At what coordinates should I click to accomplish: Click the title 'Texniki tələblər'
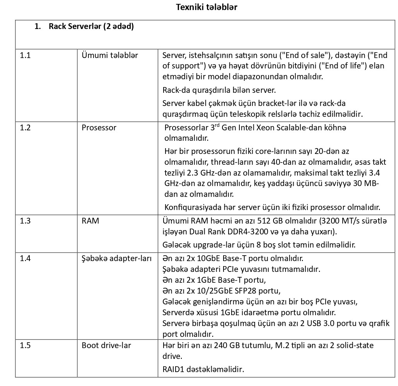pos(207,7)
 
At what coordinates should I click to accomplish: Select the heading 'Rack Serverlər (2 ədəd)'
pos(91,27)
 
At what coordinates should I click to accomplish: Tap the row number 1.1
pos(25,55)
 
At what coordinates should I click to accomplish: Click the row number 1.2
pos(25,128)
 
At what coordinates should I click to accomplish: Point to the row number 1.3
pos(25,221)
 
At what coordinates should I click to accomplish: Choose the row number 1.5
pos(25,345)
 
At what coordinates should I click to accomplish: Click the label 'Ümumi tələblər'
pos(110,55)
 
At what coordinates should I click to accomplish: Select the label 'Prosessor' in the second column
pos(99,128)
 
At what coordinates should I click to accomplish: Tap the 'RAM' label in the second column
pos(90,221)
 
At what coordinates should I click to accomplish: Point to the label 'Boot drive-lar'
pos(106,345)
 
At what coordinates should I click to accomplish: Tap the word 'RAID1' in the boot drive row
pos(173,369)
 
